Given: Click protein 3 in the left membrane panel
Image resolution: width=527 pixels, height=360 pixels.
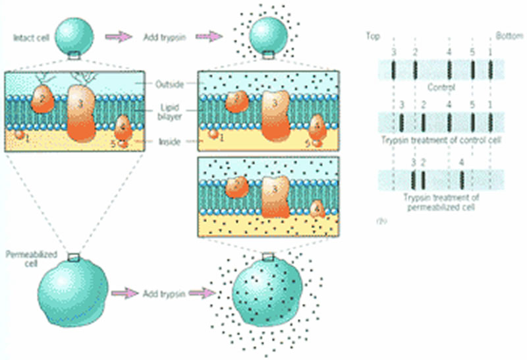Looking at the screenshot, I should (84, 111).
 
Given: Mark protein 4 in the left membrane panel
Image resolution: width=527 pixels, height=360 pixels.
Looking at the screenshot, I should (123, 125).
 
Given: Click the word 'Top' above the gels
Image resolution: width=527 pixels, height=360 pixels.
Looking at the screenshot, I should (373, 35).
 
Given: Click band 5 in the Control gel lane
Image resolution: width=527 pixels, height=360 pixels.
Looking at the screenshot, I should (473, 69).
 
